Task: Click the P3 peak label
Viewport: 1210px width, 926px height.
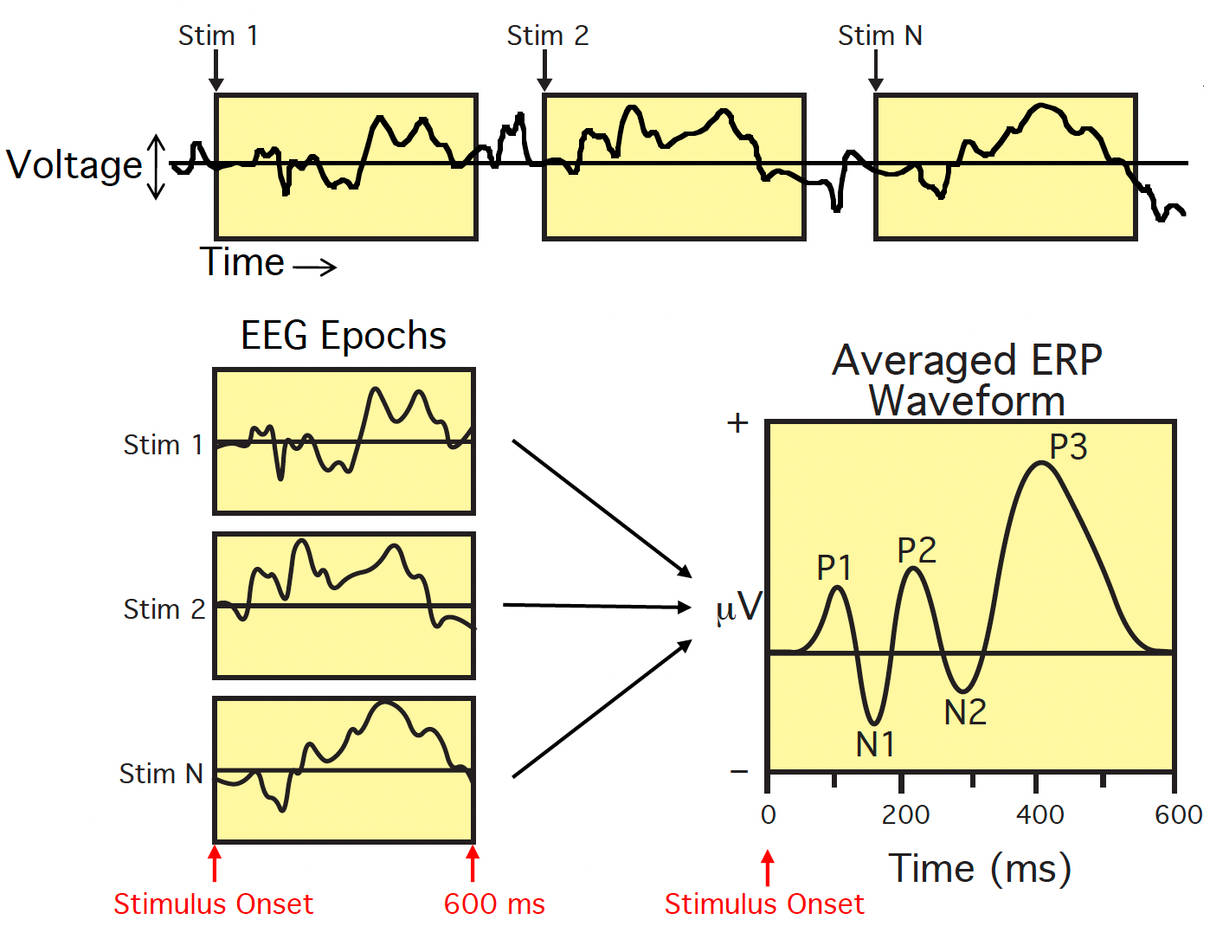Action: (x=1068, y=447)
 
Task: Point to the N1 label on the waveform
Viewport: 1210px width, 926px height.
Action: (x=875, y=744)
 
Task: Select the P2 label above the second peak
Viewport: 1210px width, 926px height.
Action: (x=917, y=550)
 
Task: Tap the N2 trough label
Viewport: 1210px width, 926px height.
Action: (x=965, y=712)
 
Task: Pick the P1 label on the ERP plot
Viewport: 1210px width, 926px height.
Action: (x=834, y=568)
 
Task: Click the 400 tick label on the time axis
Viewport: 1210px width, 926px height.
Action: (x=1039, y=814)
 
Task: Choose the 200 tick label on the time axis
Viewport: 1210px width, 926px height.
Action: (x=905, y=814)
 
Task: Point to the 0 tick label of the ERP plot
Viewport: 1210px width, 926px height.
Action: (x=769, y=814)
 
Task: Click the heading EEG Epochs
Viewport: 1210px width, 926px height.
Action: (x=343, y=336)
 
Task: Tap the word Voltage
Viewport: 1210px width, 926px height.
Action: (x=74, y=164)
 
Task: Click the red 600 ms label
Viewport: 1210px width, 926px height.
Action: (x=494, y=904)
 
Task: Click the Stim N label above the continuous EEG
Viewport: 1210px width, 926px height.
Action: (x=879, y=35)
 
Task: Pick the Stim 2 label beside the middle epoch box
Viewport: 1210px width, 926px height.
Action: (x=164, y=609)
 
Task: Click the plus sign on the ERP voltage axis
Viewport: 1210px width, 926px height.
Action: (x=737, y=422)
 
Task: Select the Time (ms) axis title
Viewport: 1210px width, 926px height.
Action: (x=980, y=868)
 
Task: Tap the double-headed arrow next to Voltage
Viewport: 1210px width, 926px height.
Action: (x=157, y=166)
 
